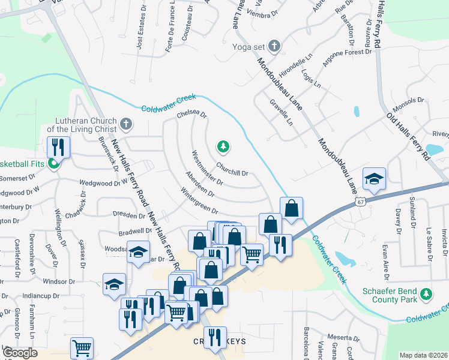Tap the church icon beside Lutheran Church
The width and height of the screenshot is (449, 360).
click(125, 124)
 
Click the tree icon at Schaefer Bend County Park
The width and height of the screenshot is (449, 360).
click(426, 293)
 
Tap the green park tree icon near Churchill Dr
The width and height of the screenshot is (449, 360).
click(223, 146)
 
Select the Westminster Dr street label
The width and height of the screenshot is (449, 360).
click(206, 168)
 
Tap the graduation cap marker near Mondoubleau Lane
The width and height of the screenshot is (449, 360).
click(373, 178)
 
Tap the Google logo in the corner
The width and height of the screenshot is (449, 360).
click(20, 353)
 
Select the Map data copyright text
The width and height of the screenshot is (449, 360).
click(424, 355)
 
